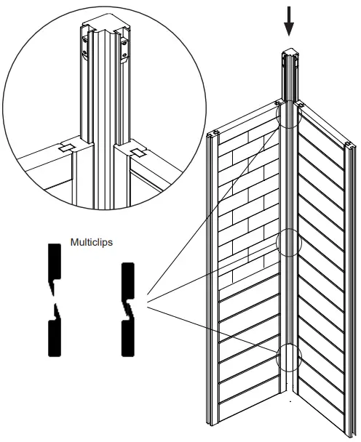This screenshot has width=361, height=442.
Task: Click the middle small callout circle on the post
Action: pyautogui.click(x=289, y=243)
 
